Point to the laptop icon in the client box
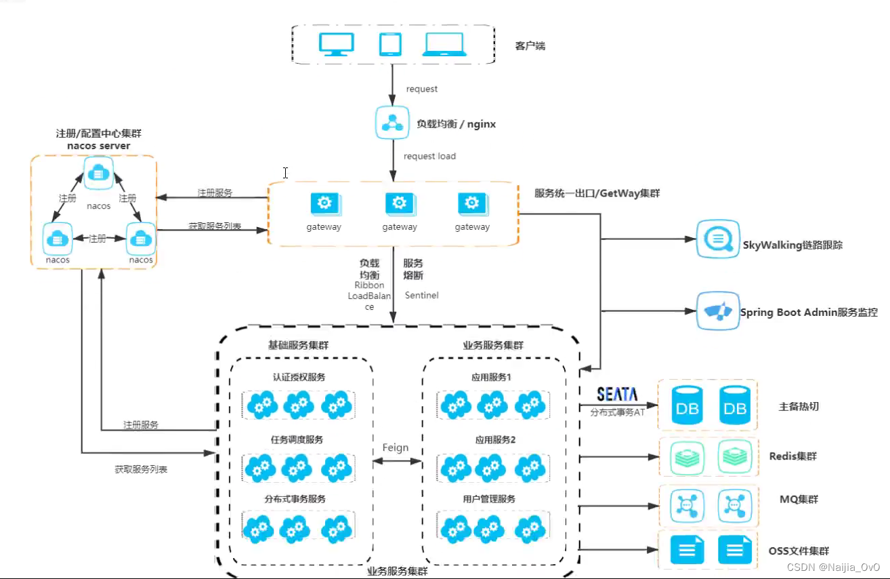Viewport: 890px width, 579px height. [444, 44]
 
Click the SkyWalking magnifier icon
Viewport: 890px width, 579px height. [717, 239]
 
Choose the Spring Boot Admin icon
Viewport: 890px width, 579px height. [717, 311]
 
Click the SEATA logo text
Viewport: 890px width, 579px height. [617, 394]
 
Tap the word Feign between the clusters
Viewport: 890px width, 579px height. [396, 447]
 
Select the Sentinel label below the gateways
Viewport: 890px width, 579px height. [422, 296]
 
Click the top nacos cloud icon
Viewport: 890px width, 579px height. [100, 173]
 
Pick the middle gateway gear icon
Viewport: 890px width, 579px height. [399, 203]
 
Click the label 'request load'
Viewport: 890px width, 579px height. [429, 157]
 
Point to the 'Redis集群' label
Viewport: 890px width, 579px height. [793, 456]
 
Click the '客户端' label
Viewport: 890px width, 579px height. [530, 46]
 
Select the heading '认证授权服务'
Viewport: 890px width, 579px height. [299, 378]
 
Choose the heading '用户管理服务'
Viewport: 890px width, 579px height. [489, 499]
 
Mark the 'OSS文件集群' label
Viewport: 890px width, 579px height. [799, 551]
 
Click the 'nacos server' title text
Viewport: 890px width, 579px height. [99, 146]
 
